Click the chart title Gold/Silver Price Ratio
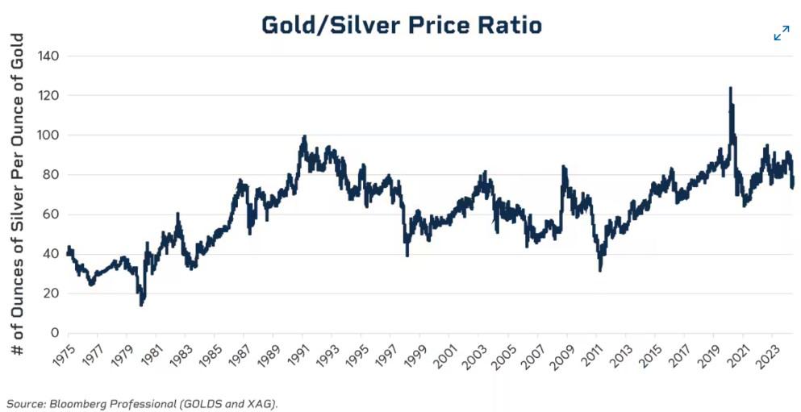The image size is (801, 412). [x=402, y=25]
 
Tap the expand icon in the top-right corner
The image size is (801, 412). [x=781, y=33]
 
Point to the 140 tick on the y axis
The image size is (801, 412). [x=50, y=56]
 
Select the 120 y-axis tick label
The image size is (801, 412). [x=50, y=96]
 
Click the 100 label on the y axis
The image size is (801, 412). [x=50, y=135]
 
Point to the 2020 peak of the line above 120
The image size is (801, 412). [x=730, y=89]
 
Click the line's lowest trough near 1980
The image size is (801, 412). [x=142, y=304]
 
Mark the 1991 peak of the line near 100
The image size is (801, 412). [x=304, y=137]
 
